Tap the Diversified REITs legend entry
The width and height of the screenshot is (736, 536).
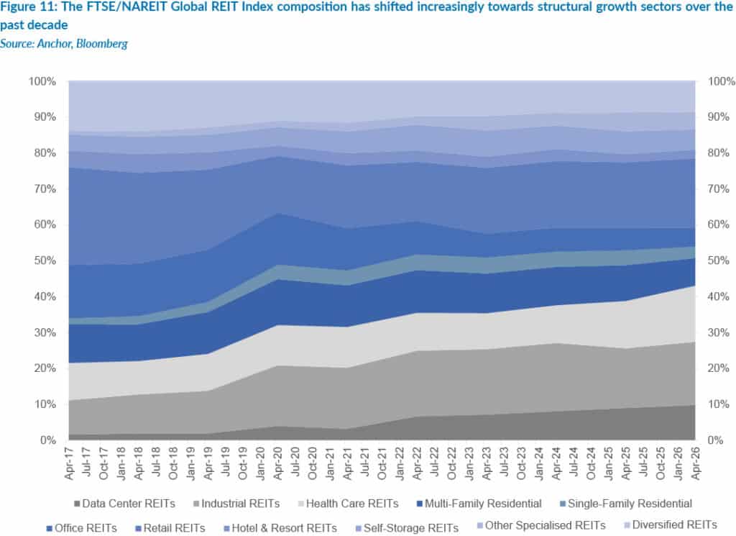pyautogui.click(x=682, y=525)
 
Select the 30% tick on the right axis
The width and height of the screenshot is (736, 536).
pyautogui.click(x=719, y=332)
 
